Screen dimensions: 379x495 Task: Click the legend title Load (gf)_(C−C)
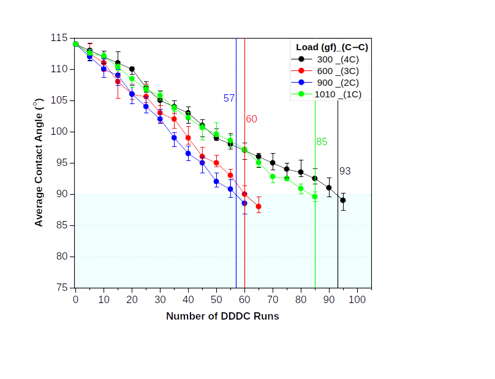pyautogui.click(x=331, y=47)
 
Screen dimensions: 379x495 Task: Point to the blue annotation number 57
pyautogui.click(x=229, y=98)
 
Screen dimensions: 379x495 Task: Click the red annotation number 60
pyautogui.click(x=251, y=119)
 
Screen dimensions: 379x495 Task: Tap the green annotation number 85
pyautogui.click(x=322, y=142)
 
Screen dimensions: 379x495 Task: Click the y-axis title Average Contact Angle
pyautogui.click(x=39, y=162)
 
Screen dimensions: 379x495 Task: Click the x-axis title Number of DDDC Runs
pyautogui.click(x=222, y=317)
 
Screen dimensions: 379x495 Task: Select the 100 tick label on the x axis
pyautogui.click(x=357, y=299)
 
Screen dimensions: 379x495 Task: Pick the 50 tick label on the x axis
pyautogui.click(x=216, y=299)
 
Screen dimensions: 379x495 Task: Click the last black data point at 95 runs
pyautogui.click(x=343, y=200)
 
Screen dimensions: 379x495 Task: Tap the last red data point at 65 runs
pyautogui.click(x=259, y=206)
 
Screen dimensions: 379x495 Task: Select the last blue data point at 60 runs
pyautogui.click(x=244, y=203)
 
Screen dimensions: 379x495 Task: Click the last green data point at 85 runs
pyautogui.click(x=315, y=197)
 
